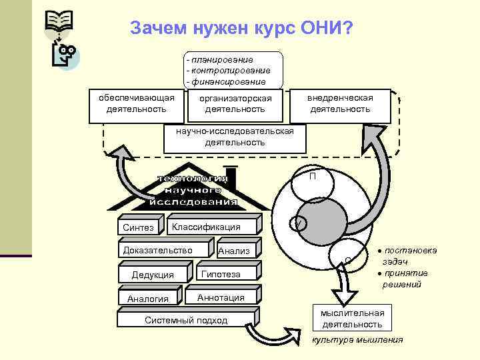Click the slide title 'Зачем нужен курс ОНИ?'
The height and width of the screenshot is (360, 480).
click(242, 29)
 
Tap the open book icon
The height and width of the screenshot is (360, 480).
click(59, 22)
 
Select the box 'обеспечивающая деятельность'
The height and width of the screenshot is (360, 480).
click(136, 104)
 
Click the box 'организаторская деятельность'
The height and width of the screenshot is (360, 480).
click(235, 104)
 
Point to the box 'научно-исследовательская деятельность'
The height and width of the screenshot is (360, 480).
click(235, 137)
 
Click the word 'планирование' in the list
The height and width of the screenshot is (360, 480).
click(222, 60)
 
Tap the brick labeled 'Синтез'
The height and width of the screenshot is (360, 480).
click(139, 227)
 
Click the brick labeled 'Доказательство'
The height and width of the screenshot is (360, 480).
click(158, 251)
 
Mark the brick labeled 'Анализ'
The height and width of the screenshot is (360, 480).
click(234, 251)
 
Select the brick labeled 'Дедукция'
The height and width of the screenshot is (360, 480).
click(153, 275)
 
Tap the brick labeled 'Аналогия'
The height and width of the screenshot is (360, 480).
click(148, 298)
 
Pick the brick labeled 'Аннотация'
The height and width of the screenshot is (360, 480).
click(221, 297)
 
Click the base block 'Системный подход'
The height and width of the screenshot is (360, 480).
click(186, 321)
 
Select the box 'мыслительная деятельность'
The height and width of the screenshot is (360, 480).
click(353, 319)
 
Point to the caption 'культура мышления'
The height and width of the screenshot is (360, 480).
click(357, 340)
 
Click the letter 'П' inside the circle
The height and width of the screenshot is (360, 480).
click(312, 177)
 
